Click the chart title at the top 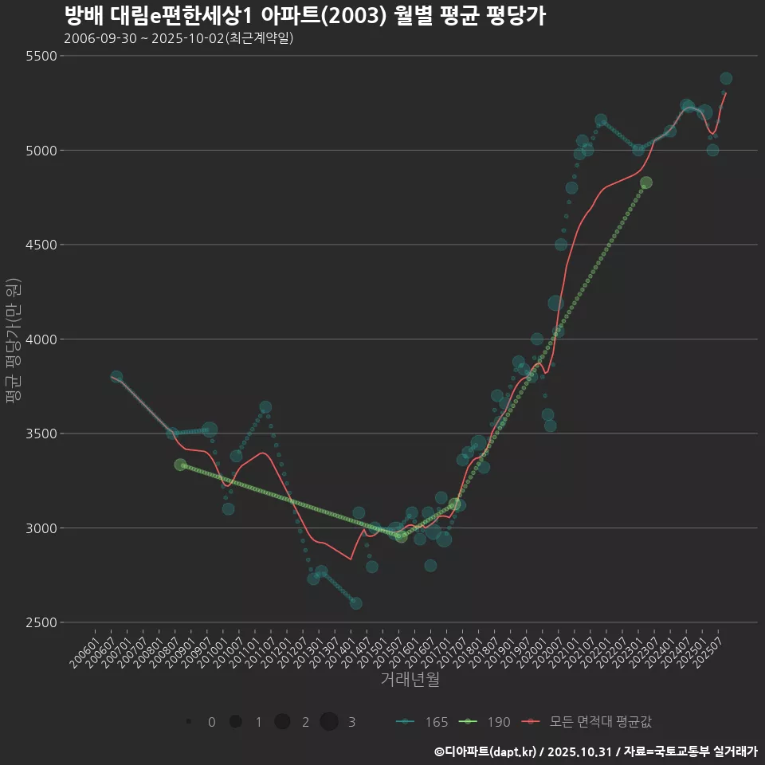(x=304, y=17)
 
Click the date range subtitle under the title (x=178, y=38)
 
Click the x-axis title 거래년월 (x=410, y=680)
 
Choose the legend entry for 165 (x=422, y=722)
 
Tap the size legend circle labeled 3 (x=329, y=722)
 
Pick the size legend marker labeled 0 (x=189, y=722)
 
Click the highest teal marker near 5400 (x=726, y=78)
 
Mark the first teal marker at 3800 (x=116, y=377)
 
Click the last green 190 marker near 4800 (x=646, y=182)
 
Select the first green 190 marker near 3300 (x=181, y=465)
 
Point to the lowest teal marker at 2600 (x=355, y=603)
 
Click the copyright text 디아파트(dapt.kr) (x=488, y=751)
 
